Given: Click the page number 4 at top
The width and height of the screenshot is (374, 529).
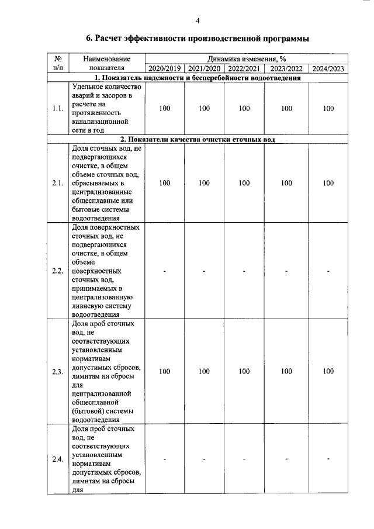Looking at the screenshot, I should click(198, 21).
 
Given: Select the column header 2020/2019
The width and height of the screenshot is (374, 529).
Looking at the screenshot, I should click(165, 68).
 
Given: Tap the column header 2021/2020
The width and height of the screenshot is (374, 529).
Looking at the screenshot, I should click(204, 68).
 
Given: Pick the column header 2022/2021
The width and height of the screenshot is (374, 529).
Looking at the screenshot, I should click(244, 68).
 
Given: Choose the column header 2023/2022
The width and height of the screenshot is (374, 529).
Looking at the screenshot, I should click(286, 68).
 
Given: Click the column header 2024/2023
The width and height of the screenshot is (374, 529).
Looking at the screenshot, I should click(328, 68).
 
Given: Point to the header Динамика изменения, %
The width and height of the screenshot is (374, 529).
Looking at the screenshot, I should click(246, 59).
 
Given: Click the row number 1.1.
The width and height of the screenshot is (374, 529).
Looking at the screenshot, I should click(57, 109).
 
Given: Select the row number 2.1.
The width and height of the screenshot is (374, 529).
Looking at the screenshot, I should click(57, 184).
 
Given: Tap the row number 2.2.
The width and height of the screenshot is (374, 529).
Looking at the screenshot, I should click(57, 271).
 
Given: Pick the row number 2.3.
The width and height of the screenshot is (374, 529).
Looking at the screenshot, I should click(57, 371).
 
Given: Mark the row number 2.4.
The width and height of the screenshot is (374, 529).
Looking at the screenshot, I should click(57, 459).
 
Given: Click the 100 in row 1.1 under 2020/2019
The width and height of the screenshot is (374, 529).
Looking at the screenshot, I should click(165, 109).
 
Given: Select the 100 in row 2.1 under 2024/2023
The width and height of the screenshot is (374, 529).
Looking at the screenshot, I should click(328, 184).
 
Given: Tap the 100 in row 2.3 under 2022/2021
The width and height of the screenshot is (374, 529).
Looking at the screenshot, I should click(244, 371).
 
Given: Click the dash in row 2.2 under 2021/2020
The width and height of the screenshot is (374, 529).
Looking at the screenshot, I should click(204, 271).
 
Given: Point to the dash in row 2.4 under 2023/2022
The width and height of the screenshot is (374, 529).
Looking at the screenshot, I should click(286, 459).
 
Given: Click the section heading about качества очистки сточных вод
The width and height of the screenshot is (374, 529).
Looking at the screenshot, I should click(198, 140).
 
